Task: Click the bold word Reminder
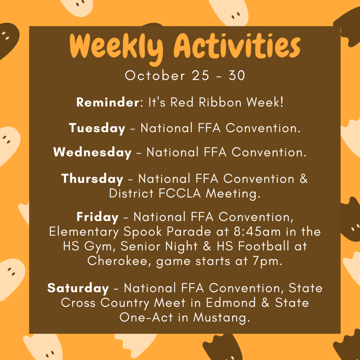[x=108, y=102]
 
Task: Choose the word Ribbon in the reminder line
[x=220, y=102]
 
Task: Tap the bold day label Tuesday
[x=97, y=128]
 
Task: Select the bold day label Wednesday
[x=92, y=152]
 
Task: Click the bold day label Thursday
[x=92, y=179]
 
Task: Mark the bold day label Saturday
[x=78, y=288]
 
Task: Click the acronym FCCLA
[x=180, y=193]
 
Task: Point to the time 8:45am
[x=257, y=232]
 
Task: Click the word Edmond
[x=231, y=302]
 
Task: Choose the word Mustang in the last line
[x=221, y=318]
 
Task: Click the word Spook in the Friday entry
[x=142, y=232]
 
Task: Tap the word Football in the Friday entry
[x=263, y=246]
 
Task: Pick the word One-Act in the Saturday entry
[x=146, y=317]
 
